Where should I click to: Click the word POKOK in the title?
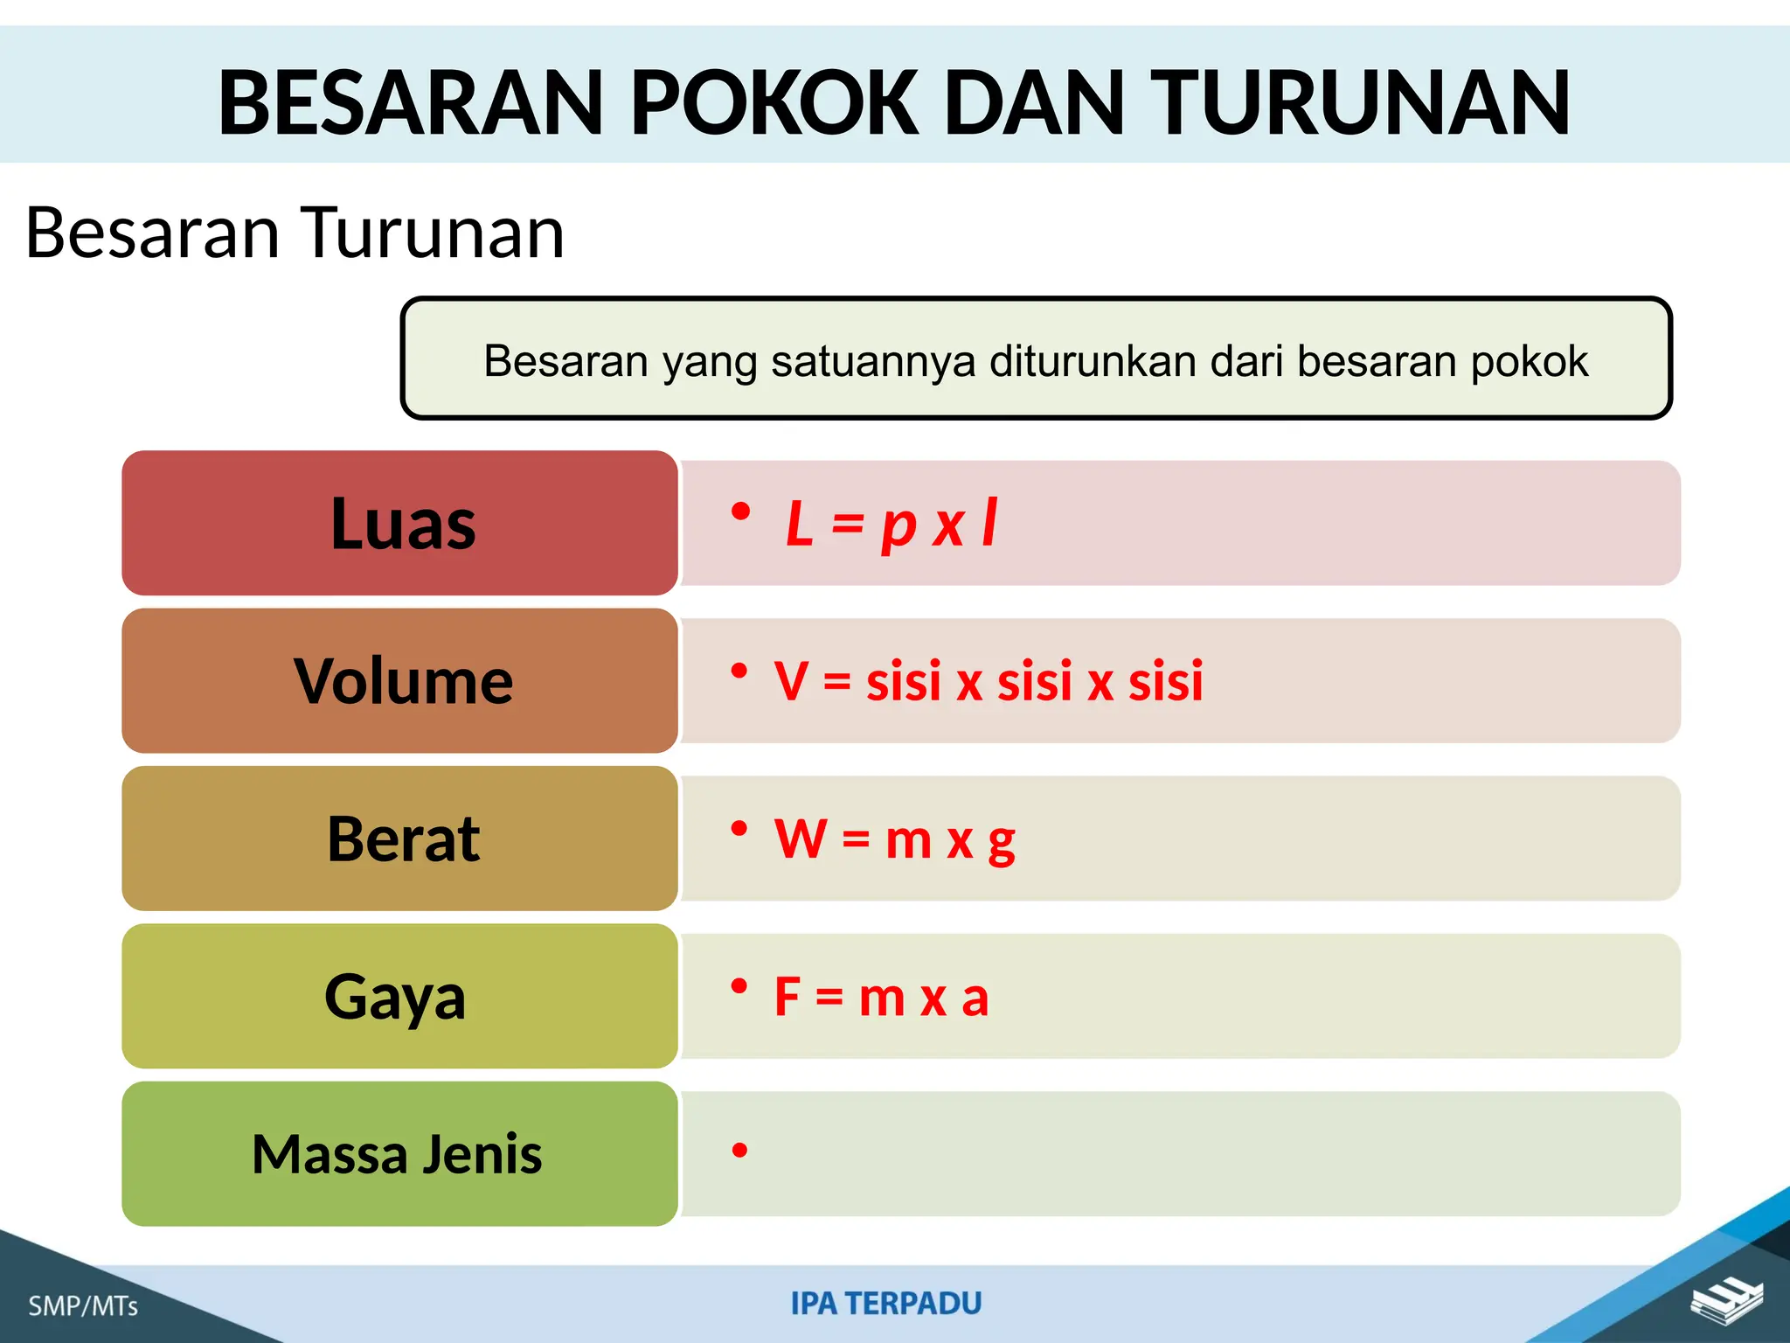click(774, 103)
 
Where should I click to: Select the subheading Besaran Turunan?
click(295, 233)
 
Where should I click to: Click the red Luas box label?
click(402, 524)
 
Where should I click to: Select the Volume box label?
click(402, 681)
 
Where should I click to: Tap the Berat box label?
click(402, 839)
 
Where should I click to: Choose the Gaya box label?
click(395, 997)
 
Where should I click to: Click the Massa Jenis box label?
click(397, 1154)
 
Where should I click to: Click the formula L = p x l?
click(891, 524)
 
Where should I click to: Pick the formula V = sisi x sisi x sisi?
click(988, 681)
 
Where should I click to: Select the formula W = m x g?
click(894, 839)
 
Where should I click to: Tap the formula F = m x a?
click(881, 997)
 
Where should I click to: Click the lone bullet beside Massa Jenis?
click(740, 1151)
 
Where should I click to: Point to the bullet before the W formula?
click(739, 828)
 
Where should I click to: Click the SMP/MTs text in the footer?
click(83, 1306)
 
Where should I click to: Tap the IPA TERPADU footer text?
click(885, 1304)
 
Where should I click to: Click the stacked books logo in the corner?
click(1726, 1301)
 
